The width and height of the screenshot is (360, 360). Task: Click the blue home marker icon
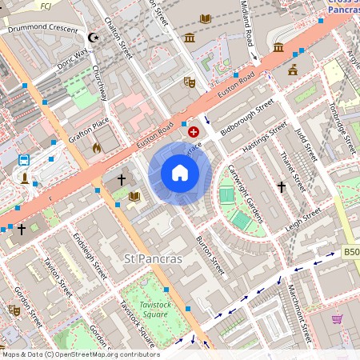coord(180,173)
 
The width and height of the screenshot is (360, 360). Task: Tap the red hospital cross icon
coord(194,130)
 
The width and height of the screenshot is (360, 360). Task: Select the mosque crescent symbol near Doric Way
coord(94,37)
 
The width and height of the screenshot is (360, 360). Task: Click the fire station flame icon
coord(97,148)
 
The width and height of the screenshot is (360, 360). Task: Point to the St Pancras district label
coord(154,259)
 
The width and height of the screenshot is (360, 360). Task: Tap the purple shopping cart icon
coord(338,318)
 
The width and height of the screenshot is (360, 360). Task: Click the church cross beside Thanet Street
coord(282,186)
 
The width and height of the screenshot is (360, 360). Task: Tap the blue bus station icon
coord(24,160)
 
